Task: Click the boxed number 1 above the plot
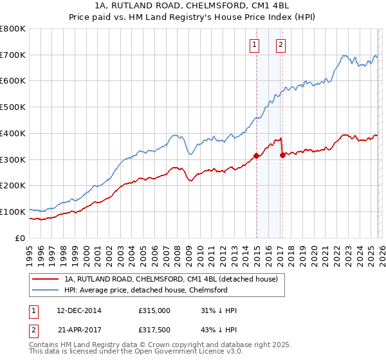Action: tap(255, 45)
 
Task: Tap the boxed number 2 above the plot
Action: tap(282, 45)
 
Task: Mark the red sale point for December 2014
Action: tap(256, 155)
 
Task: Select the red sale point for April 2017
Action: tap(282, 154)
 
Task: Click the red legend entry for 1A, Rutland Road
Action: tap(170, 279)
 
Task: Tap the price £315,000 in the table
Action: tap(154, 310)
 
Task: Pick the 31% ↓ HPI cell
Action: tap(219, 310)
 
